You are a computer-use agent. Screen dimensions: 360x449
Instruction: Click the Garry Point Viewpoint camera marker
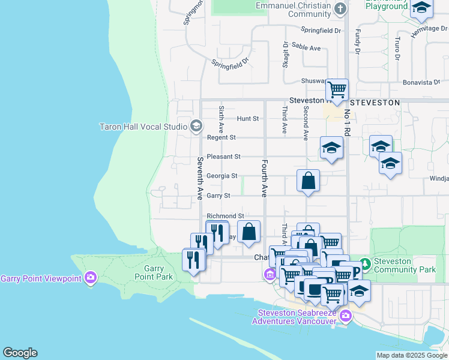pyautogui.click(x=91, y=278)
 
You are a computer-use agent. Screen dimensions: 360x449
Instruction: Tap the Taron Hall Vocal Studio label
pyautogui.click(x=143, y=127)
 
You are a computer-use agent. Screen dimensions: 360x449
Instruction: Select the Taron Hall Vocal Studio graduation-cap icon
pyautogui.click(x=196, y=126)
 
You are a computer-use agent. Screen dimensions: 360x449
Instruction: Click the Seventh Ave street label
pyautogui.click(x=200, y=179)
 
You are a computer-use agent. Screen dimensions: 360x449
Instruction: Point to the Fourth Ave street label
pyautogui.click(x=264, y=178)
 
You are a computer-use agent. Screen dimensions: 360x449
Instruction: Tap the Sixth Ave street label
pyautogui.click(x=221, y=119)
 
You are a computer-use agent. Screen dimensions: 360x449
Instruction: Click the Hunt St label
pyautogui.click(x=247, y=119)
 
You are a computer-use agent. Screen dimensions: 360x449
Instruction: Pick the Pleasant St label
pyautogui.click(x=223, y=157)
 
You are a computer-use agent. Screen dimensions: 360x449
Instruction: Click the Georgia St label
pyautogui.click(x=222, y=176)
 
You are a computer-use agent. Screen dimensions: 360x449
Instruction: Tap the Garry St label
pyautogui.click(x=218, y=196)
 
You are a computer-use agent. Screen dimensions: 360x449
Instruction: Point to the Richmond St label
pyautogui.click(x=225, y=215)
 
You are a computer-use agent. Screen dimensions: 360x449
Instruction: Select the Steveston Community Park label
pyautogui.click(x=405, y=266)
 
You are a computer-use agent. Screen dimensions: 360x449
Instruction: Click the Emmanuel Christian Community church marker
pyautogui.click(x=340, y=8)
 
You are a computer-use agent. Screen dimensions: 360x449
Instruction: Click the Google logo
pyautogui.click(x=20, y=353)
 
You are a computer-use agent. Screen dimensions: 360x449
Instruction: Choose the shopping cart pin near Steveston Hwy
pyautogui.click(x=337, y=90)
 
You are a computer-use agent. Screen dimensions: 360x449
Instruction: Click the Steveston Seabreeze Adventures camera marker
pyautogui.click(x=345, y=316)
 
